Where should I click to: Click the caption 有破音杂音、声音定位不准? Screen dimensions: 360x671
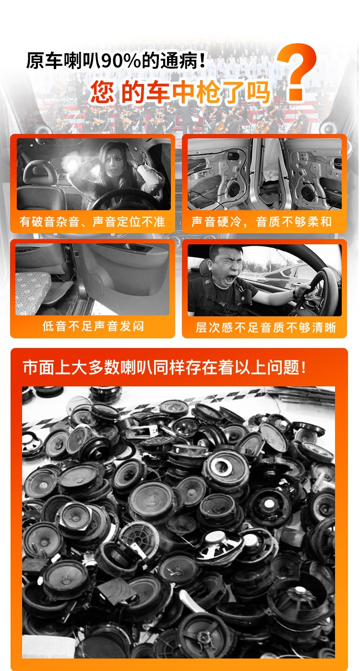coord(92,222)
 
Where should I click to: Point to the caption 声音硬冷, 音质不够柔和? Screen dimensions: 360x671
coord(262,222)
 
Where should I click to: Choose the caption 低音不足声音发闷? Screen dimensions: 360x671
coord(93,326)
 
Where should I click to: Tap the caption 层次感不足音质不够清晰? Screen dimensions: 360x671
coord(265,327)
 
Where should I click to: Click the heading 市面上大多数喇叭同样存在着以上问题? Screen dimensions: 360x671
coord(165,367)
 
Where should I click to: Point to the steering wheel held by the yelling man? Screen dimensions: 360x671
coord(312,289)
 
